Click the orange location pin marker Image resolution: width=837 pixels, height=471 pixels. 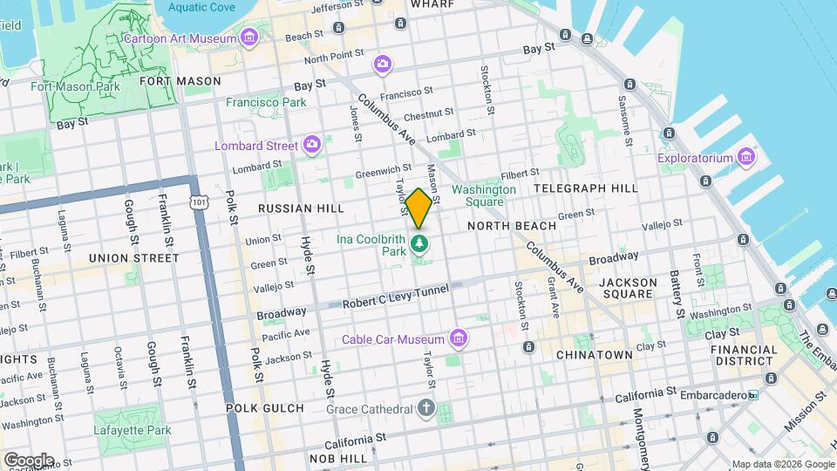pyautogui.click(x=418, y=208)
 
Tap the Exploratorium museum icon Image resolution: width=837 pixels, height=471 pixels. pyautogui.click(x=745, y=158)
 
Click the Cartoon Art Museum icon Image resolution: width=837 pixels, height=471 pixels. pyautogui.click(x=250, y=38)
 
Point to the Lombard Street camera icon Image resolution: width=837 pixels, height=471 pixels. pyautogui.click(x=313, y=145)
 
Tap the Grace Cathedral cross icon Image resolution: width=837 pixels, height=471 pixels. pyautogui.click(x=425, y=408)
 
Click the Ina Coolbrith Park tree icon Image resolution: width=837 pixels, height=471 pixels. pyautogui.click(x=420, y=242)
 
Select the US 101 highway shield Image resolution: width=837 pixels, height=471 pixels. pyautogui.click(x=199, y=202)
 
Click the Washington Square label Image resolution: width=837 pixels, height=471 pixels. pyautogui.click(x=483, y=195)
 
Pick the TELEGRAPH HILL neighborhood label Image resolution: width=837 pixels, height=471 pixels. pyautogui.click(x=585, y=188)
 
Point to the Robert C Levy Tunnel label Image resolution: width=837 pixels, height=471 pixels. pyautogui.click(x=395, y=297)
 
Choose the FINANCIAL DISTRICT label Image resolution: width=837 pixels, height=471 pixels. pyautogui.click(x=744, y=355)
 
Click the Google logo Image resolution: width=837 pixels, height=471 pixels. pyautogui.click(x=28, y=461)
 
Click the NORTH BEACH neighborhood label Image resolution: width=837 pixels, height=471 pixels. pyautogui.click(x=512, y=226)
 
